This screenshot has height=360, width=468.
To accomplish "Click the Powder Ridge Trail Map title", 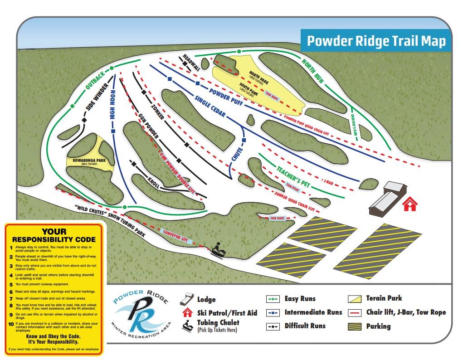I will point(376,41).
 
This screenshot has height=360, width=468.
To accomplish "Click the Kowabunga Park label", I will point(89,161).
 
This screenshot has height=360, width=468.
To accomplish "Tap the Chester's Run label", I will point(355,125).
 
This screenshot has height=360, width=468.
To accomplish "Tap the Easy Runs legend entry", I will point(300,299).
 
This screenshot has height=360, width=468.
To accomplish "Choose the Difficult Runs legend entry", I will point(305,326).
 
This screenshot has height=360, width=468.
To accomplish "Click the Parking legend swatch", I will point(354,326).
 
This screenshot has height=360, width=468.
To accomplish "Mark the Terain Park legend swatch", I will point(354,298).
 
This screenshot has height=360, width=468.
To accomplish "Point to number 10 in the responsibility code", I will point(10,324).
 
